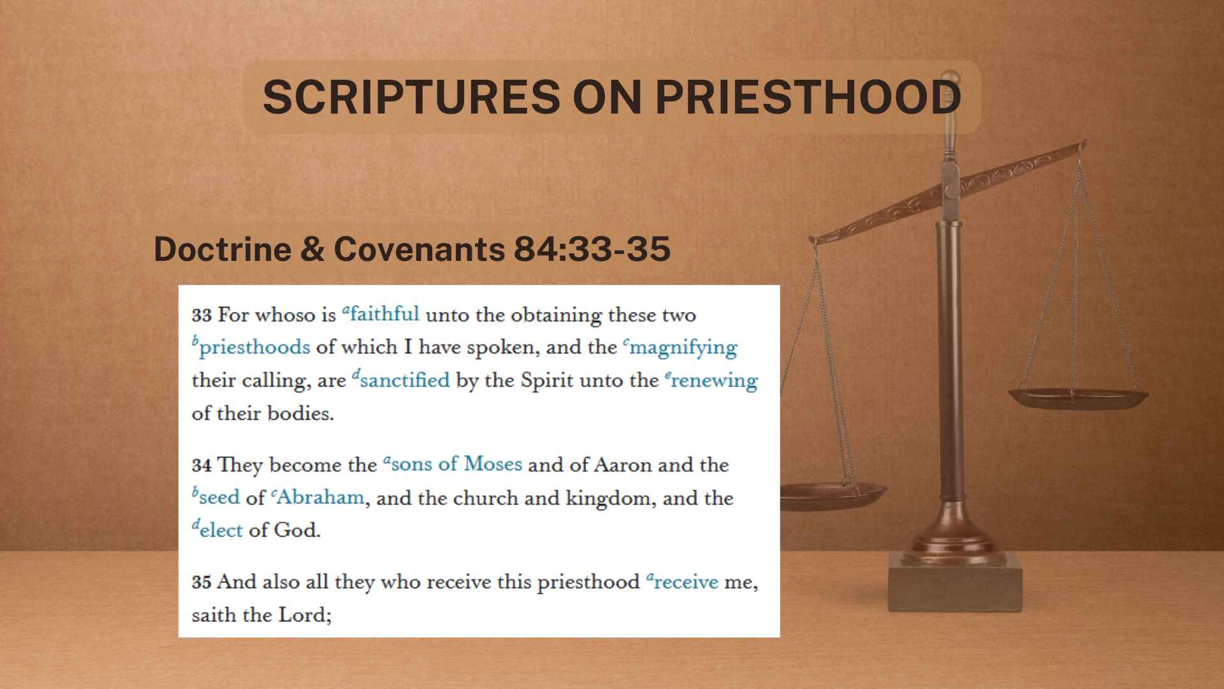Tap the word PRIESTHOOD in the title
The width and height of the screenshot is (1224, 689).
(x=808, y=97)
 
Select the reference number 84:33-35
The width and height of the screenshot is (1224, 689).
(x=592, y=249)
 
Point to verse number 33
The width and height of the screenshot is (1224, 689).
(x=201, y=315)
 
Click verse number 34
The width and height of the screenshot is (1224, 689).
(x=201, y=465)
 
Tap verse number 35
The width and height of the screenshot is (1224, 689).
(x=201, y=582)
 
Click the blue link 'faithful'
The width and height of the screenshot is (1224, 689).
(x=384, y=315)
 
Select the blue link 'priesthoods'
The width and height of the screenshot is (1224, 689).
(x=254, y=348)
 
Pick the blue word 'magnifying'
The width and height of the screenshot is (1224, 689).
(x=683, y=348)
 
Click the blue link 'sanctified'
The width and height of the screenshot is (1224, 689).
(x=404, y=380)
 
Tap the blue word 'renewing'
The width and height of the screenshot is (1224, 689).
(x=714, y=381)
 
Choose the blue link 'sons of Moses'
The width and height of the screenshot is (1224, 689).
(x=456, y=464)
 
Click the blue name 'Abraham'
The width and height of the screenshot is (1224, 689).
(x=319, y=498)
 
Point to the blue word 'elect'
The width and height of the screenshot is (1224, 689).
(x=221, y=531)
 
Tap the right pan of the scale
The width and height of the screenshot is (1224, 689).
(x=1077, y=397)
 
